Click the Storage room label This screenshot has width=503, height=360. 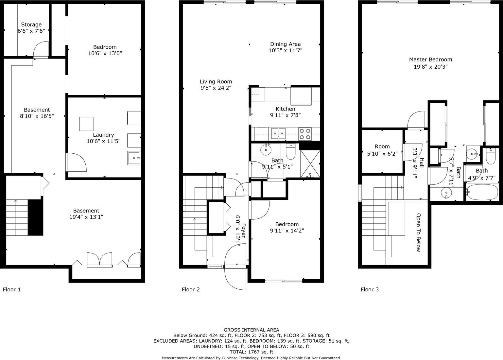pyautogui.click(x=31, y=25)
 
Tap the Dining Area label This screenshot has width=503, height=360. pyautogui.click(x=285, y=44)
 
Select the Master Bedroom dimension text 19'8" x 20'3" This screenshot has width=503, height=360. pyautogui.click(x=430, y=67)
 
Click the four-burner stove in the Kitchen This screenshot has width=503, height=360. pyautogui.click(x=305, y=134)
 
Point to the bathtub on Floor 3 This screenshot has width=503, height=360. pyautogui.click(x=482, y=192)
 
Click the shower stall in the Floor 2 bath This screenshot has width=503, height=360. pyautogui.click(x=310, y=164)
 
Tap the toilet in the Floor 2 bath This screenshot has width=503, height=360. pyautogui.click(x=290, y=151)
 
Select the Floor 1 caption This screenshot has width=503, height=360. pyautogui.click(x=12, y=289)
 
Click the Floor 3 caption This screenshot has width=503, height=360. pyautogui.click(x=370, y=289)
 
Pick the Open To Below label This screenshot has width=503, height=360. pyautogui.click(x=418, y=232)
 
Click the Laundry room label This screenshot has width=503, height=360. pyautogui.click(x=103, y=135)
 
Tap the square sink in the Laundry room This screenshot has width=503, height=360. pyautogui.click(x=134, y=158)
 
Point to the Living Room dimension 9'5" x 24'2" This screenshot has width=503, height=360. pyautogui.click(x=216, y=88)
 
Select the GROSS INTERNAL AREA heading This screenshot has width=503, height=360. pyautogui.click(x=251, y=330)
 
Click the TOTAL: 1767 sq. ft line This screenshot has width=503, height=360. pyautogui.click(x=251, y=352)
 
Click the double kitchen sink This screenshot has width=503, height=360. pyautogui.click(x=278, y=133)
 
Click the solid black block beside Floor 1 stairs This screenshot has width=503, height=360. pyautogui.click(x=35, y=217)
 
